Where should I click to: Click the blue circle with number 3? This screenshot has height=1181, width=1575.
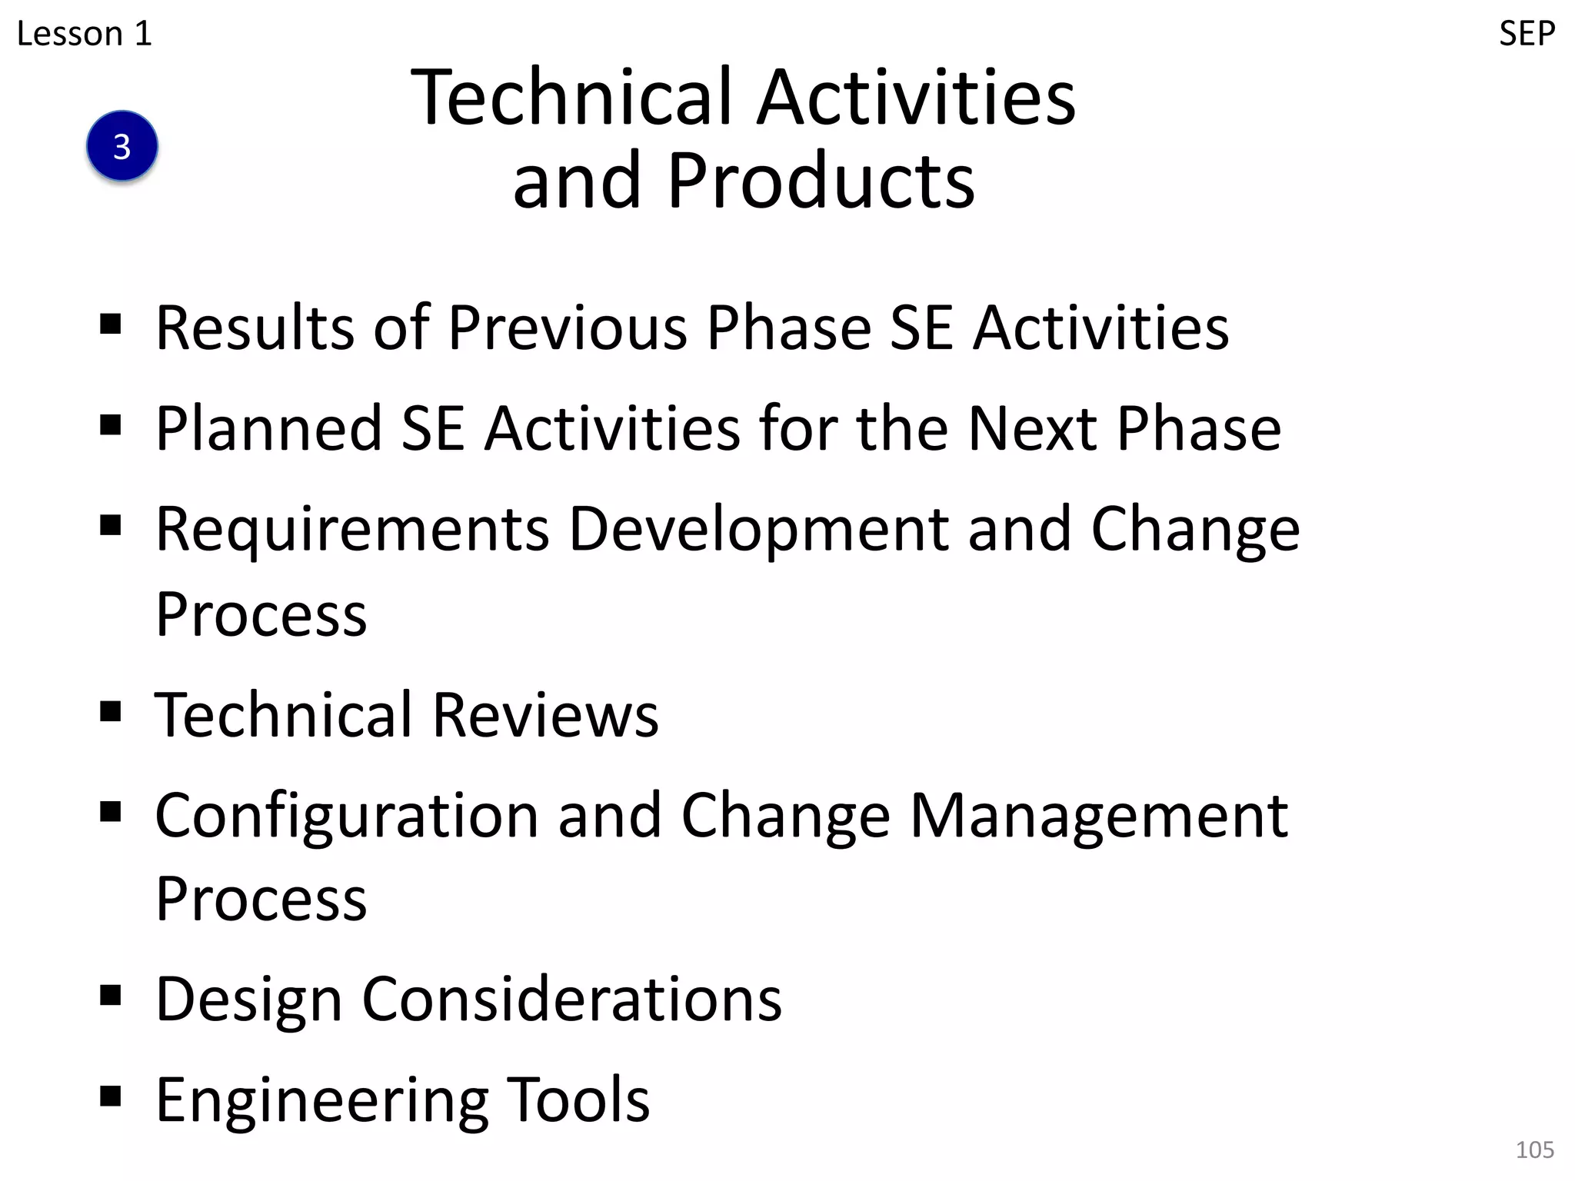122,146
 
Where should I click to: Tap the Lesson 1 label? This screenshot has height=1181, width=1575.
85,34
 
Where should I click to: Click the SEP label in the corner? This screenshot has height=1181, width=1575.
1527,34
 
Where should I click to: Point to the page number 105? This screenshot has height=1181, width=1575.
1534,1149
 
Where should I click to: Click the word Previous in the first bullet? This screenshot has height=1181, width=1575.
568,328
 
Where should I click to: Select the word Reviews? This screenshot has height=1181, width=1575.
545,715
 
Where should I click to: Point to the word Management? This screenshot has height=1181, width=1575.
1099,816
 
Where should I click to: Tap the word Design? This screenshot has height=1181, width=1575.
248,1000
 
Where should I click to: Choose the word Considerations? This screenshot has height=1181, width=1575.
572,1000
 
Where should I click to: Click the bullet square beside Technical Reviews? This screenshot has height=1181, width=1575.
111,712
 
